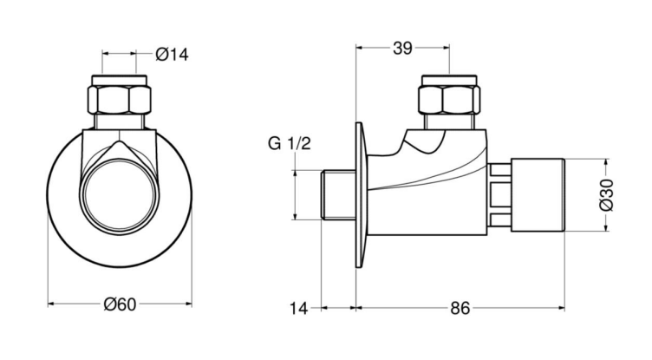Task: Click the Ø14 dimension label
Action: tap(172, 54)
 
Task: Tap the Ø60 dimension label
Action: tap(120, 304)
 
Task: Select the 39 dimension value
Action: tap(402, 49)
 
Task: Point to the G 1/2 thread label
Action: tap(290, 144)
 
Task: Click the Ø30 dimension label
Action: tap(607, 195)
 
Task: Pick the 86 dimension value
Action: tap(460, 309)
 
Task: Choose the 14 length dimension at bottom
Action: tap(298, 309)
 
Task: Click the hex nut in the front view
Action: tap(120, 100)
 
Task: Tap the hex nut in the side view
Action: tap(449, 100)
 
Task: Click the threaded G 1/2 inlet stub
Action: tap(338, 195)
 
